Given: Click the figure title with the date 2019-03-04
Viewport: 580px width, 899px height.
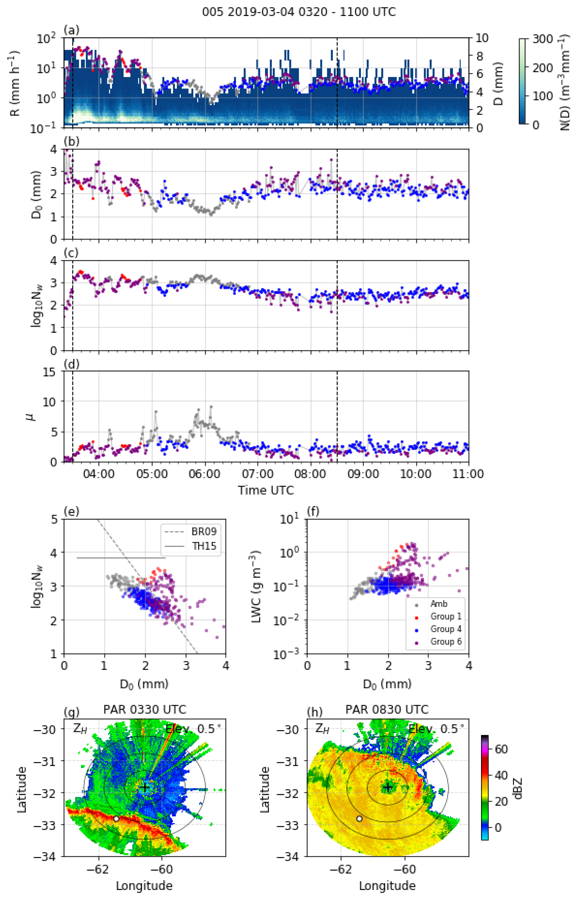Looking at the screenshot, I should pos(299,12).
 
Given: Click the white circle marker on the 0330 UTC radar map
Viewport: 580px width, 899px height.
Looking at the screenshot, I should pos(116,818).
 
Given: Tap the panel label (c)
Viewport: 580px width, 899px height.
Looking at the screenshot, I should pos(71,252).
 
